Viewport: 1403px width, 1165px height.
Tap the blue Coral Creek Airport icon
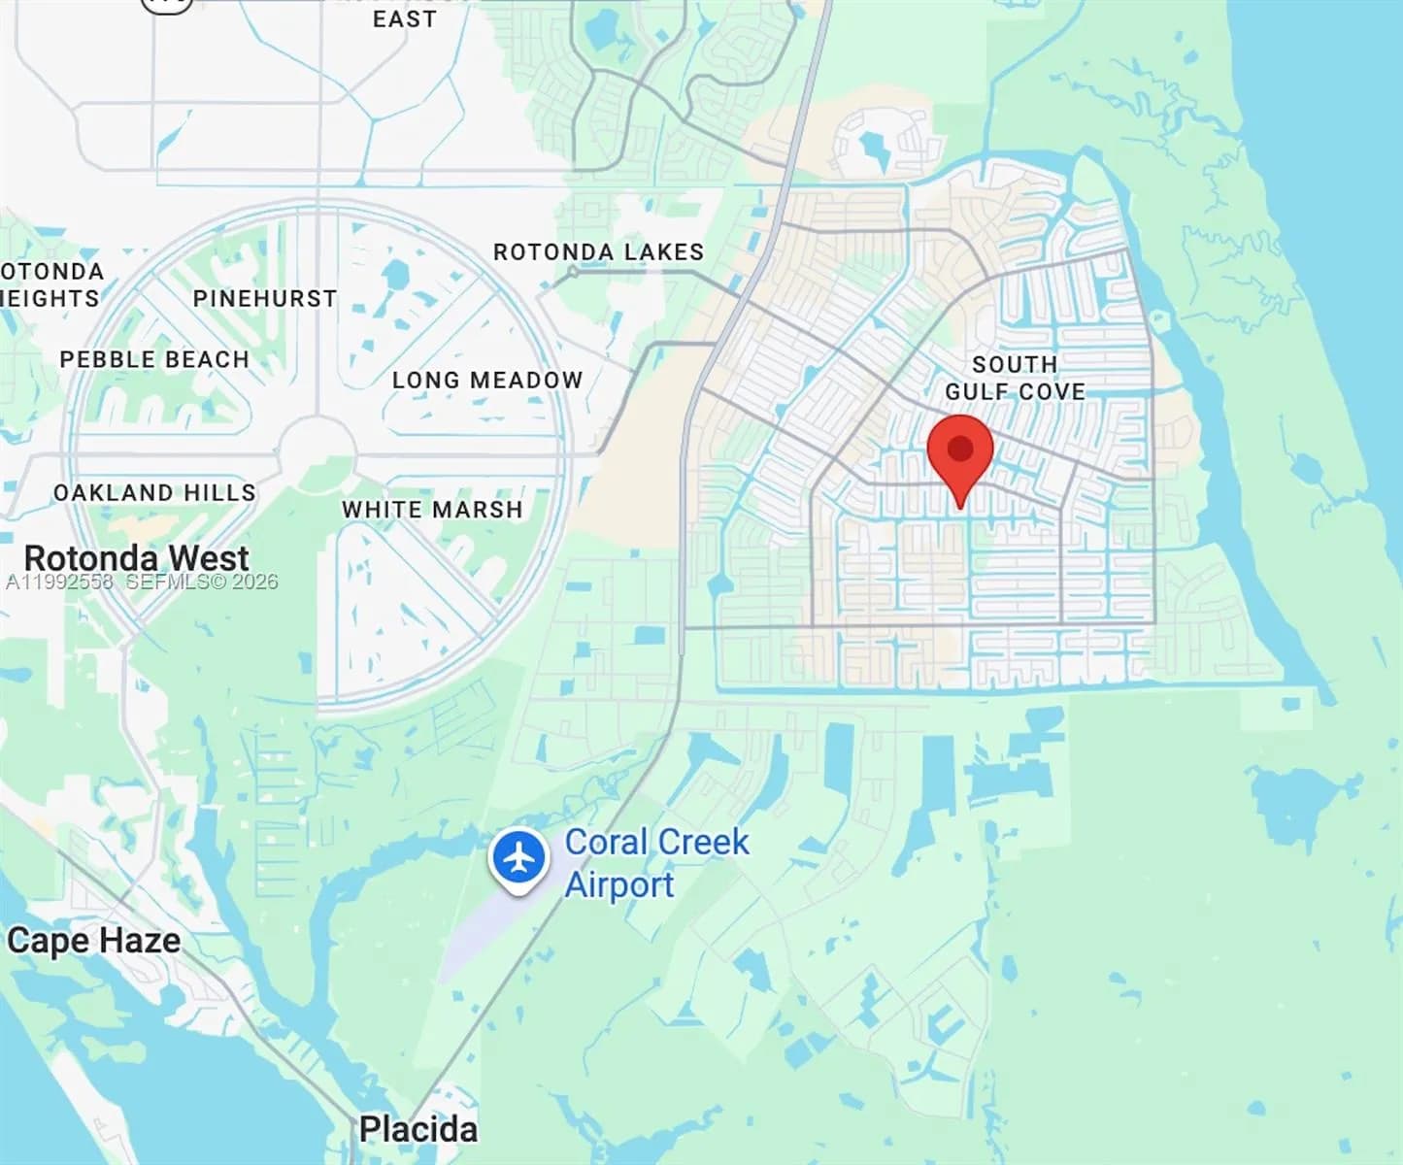pos(519,858)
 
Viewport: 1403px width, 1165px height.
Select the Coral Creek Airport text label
pos(656,863)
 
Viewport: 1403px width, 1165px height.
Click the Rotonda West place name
pos(136,558)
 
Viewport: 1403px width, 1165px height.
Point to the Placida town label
pos(418,1129)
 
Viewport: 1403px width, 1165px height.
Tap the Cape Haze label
pos(93,940)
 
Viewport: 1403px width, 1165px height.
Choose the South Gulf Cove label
pos(1015,378)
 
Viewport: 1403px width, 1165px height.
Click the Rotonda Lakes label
pos(598,252)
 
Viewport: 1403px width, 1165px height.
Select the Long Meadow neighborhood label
pos(487,380)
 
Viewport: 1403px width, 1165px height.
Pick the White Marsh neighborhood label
pos(432,510)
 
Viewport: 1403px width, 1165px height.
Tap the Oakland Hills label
pos(154,493)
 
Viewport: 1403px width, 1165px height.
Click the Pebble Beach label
pos(154,359)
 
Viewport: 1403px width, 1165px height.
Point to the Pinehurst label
pos(264,299)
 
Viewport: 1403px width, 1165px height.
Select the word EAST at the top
pos(404,18)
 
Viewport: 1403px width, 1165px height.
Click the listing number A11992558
pos(59,582)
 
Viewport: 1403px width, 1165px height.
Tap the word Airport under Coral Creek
pos(619,884)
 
